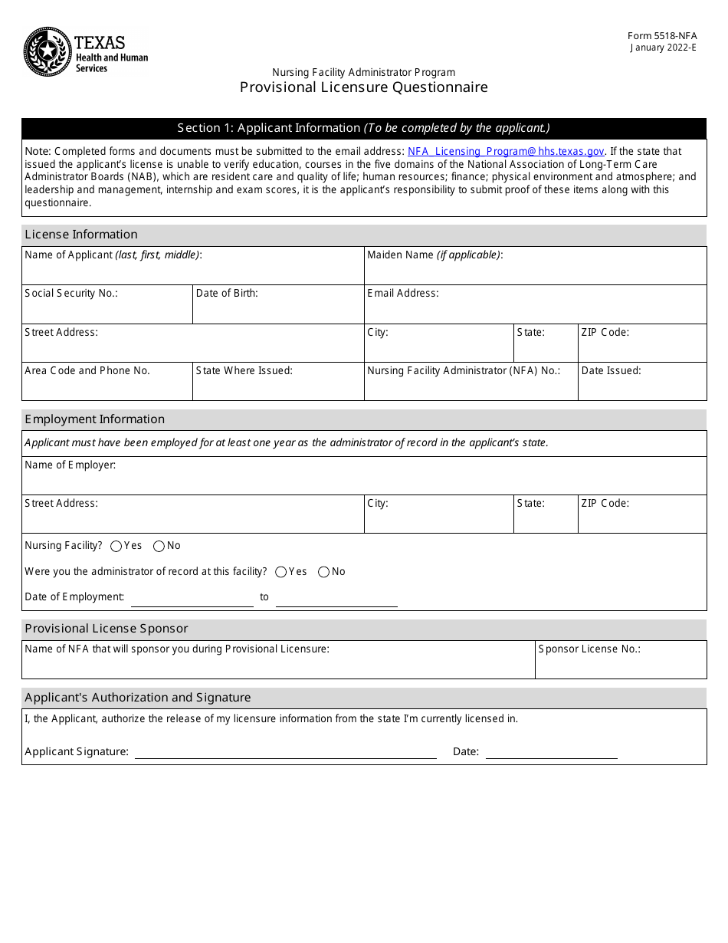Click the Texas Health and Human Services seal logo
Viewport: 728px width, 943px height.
point(48,51)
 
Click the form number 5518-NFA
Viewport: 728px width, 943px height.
point(662,36)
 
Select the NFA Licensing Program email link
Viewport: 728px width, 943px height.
point(506,152)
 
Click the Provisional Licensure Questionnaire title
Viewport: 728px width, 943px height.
point(363,87)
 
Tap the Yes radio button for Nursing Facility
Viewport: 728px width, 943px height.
point(116,547)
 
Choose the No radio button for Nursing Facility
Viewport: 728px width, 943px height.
point(159,547)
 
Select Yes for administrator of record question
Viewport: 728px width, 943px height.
point(281,572)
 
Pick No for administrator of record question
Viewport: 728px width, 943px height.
point(323,572)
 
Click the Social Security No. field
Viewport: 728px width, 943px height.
point(107,310)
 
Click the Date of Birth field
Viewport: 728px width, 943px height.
point(277,310)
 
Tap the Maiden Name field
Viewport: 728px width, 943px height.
point(535,271)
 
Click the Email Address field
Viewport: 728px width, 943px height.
point(535,310)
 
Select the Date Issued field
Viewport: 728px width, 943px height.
point(641,387)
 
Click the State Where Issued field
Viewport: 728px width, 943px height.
point(277,387)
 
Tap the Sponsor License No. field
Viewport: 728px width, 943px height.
point(620,665)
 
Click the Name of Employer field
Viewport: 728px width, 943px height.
point(363,481)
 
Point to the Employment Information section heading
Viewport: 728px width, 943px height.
point(95,419)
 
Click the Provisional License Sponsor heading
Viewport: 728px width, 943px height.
point(107,629)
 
